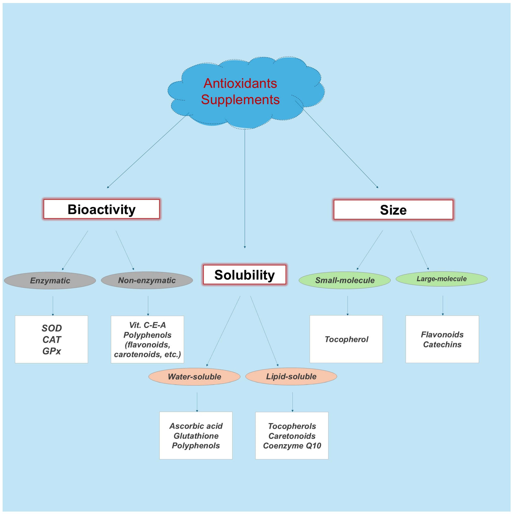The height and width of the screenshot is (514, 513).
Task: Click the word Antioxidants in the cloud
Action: (240, 83)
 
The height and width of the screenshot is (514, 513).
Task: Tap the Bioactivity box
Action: (101, 209)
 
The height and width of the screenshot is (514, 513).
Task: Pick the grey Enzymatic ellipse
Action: (50, 280)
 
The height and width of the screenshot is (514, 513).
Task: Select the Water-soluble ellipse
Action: (194, 377)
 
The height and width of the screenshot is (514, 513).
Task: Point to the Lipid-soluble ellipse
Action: (291, 376)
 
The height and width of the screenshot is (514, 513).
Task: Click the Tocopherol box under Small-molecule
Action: (346, 339)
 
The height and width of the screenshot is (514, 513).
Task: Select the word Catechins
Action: (442, 345)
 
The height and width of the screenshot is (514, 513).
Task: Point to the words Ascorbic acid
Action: (196, 426)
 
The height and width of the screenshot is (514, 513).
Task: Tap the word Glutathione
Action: (196, 436)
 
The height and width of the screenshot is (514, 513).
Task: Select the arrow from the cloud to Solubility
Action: (245, 189)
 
